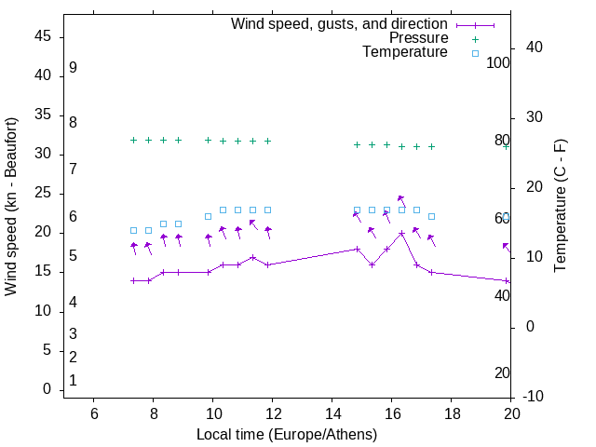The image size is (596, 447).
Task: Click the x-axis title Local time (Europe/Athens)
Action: [x=287, y=435]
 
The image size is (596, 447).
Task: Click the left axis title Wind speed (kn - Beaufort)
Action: [x=11, y=207]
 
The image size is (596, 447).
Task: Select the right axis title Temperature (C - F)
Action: [x=560, y=207]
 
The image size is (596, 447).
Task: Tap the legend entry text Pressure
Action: [x=418, y=38]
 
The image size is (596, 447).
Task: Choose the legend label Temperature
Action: [x=405, y=52]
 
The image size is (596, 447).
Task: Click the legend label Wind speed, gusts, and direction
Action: [x=339, y=24]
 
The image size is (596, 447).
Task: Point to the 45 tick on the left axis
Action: [x=42, y=37]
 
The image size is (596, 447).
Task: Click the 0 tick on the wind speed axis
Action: [x=47, y=389]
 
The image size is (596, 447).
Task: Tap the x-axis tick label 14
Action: [x=332, y=413]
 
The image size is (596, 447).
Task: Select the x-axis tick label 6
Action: [x=94, y=413]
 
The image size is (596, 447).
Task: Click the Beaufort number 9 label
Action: [x=73, y=68]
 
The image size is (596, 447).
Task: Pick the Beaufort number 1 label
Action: [x=73, y=381]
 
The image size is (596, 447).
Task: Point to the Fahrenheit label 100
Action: [x=499, y=62]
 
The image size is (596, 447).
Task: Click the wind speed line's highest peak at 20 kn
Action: [x=401, y=233]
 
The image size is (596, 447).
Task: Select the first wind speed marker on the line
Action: [x=133, y=280]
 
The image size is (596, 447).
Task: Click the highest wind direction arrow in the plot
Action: [x=400, y=199]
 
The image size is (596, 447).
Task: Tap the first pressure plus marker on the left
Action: [x=133, y=140]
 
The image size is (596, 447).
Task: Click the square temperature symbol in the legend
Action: [x=475, y=53]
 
